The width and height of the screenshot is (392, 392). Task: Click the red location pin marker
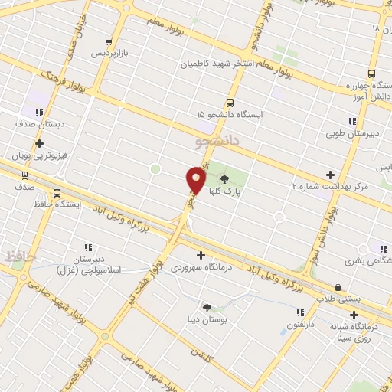point(196,179)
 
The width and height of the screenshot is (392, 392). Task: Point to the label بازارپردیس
point(108,55)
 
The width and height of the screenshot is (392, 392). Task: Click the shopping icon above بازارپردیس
point(109,42)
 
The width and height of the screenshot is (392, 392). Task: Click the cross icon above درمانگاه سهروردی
point(201,255)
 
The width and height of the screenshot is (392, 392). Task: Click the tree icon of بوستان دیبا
point(206,308)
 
